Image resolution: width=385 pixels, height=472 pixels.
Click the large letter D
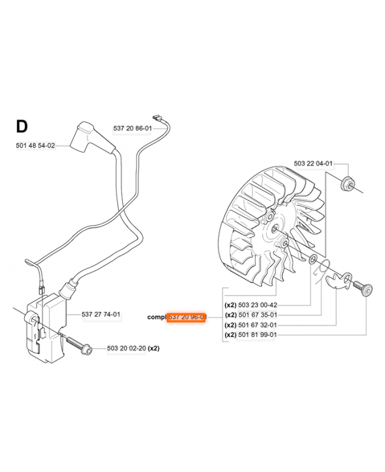click(x=21, y=126)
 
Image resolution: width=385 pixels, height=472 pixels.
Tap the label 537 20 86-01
click(x=133, y=128)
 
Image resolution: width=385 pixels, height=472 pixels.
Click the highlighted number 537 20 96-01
click(x=187, y=317)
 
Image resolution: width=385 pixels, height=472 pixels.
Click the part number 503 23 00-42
click(x=257, y=306)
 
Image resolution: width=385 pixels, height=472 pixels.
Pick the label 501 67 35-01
click(x=257, y=315)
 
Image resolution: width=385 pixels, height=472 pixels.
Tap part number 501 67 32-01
click(x=257, y=325)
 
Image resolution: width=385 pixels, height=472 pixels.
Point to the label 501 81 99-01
click(x=257, y=335)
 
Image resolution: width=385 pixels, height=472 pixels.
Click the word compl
click(x=156, y=317)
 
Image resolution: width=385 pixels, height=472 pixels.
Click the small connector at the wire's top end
click(x=156, y=117)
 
